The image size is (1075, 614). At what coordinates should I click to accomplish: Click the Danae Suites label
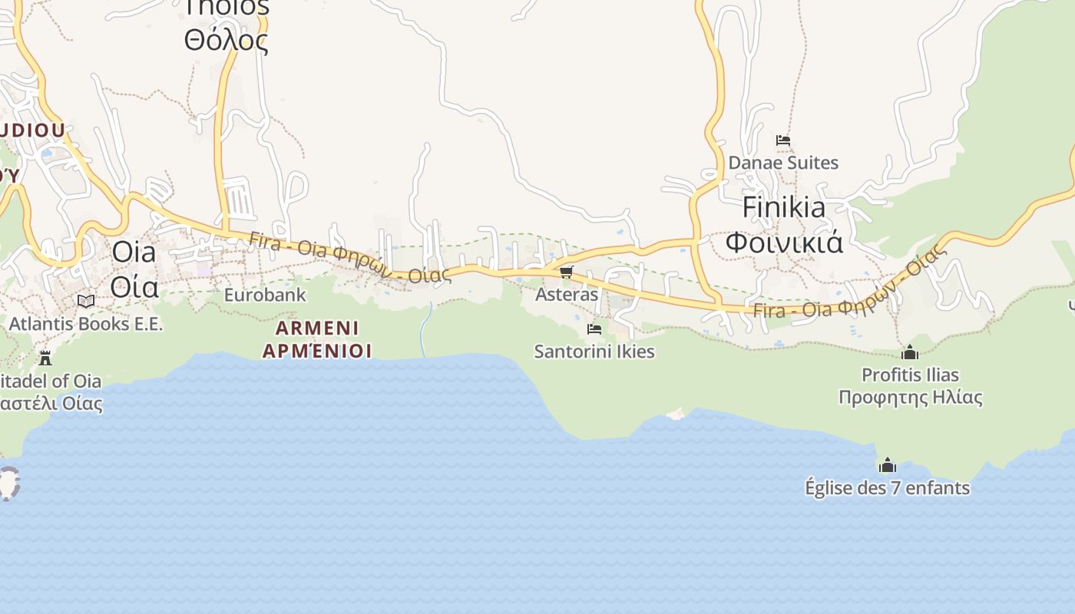[x=783, y=163]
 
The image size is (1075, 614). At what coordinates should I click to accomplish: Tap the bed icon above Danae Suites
[x=783, y=140]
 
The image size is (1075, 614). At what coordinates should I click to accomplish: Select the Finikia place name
[x=784, y=207]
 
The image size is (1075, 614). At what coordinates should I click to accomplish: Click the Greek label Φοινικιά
[x=784, y=242]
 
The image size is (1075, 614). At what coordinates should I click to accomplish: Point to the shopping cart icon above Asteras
[x=567, y=272]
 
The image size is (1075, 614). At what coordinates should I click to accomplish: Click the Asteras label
[x=567, y=295]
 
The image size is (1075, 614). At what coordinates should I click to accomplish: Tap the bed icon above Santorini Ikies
[x=594, y=329]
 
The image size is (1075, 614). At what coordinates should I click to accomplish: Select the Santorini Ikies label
[x=594, y=352]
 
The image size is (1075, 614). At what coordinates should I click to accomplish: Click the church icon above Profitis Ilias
[x=910, y=352]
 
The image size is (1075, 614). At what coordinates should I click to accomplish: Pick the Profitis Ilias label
[x=910, y=375]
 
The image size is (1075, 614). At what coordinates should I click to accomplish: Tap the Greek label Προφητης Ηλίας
[x=910, y=398]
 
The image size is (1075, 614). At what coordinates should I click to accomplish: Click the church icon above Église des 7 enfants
[x=887, y=465]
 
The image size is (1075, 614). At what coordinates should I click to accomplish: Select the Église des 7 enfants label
[x=887, y=488]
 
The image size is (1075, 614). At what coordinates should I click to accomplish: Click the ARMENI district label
[x=317, y=328]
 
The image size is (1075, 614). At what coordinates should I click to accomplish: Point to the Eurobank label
[x=265, y=295]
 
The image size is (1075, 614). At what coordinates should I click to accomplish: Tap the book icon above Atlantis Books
[x=86, y=301]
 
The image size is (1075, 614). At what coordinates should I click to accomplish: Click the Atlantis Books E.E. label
[x=86, y=324]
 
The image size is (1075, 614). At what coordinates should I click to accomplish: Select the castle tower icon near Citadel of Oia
[x=45, y=358]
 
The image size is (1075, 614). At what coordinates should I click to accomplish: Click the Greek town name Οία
[x=134, y=286]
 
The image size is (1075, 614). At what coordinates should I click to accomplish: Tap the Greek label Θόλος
[x=227, y=40]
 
